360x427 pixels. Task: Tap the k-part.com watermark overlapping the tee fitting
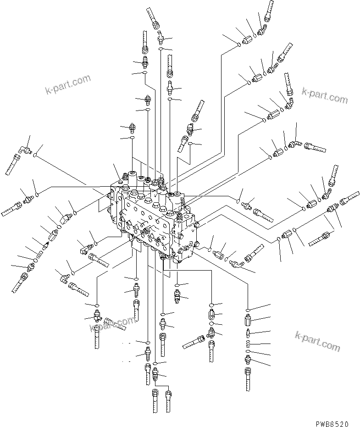pyautogui.click(x=113, y=324)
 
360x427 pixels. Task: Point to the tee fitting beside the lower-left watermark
pyautogui.click(x=97, y=316)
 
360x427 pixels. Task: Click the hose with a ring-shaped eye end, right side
pyautogui.click(x=321, y=238)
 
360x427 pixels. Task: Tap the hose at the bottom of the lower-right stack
pyautogui.click(x=248, y=381)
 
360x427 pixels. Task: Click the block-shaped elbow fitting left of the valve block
pyautogui.click(x=64, y=216)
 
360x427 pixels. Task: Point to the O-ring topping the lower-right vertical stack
pyautogui.click(x=248, y=310)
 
